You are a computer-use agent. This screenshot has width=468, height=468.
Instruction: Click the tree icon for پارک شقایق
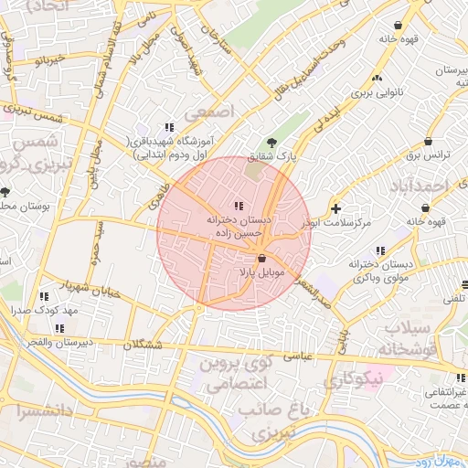pos(271,141)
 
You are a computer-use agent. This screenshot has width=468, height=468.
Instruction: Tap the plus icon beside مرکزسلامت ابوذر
pos(336,208)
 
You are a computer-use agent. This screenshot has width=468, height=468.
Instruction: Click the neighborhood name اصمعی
pos(209,111)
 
